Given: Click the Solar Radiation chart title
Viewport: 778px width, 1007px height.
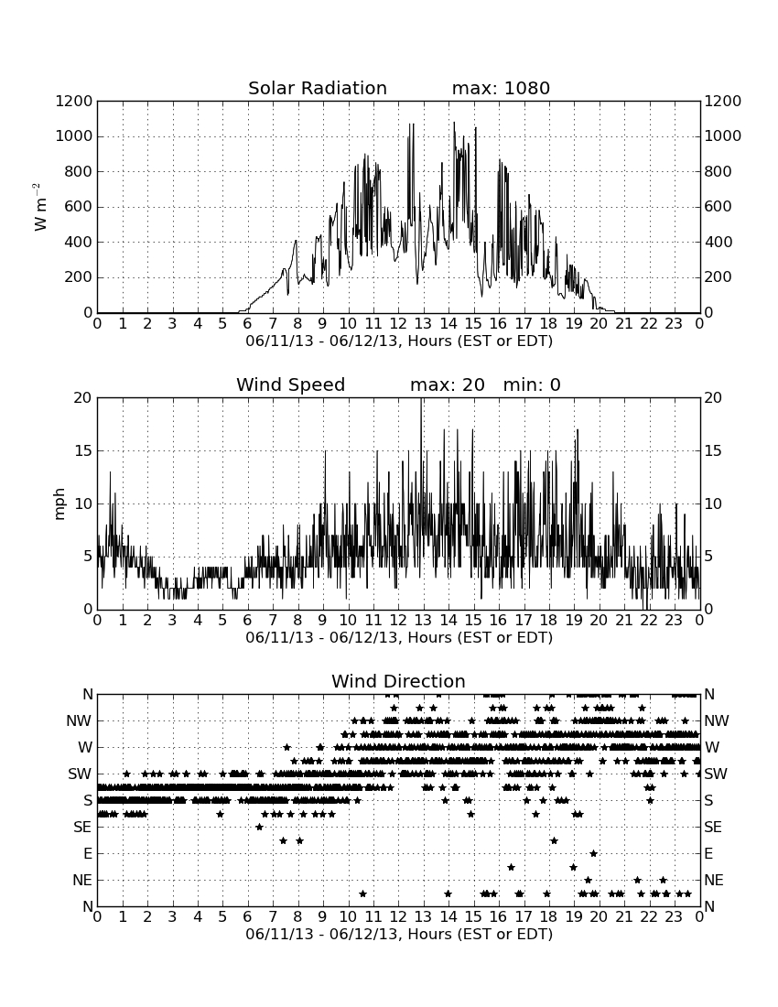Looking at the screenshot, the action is [318, 88].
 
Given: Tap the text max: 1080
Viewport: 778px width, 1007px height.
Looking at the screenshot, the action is [501, 88].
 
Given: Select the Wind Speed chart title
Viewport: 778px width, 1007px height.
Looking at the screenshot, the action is [291, 384].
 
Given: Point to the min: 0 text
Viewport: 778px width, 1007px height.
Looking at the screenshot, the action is [532, 384].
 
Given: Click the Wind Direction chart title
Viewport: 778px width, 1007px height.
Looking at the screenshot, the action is [398, 681].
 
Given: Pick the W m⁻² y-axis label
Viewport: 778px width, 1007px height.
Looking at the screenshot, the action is [39, 207].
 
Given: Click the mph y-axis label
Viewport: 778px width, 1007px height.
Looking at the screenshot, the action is [59, 504].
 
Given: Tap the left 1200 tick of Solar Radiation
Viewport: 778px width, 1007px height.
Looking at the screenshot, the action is [74, 101].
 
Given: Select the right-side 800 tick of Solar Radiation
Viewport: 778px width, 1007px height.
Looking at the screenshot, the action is [718, 171].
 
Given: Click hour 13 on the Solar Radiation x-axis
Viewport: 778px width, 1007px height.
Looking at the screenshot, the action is [422, 324].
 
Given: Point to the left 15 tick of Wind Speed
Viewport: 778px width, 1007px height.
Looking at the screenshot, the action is [83, 450].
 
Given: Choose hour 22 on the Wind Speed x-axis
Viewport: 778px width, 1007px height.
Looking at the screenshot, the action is [648, 621].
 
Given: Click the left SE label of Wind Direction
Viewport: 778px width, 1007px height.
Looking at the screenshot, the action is [82, 828].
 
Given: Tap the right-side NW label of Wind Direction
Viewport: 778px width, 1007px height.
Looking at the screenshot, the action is [717, 721].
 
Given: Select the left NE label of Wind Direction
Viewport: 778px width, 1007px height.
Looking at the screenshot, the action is [82, 881].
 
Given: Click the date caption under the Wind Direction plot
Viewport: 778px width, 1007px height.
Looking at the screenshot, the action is [399, 934].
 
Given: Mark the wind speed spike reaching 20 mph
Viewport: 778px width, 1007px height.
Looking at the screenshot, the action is [421, 399].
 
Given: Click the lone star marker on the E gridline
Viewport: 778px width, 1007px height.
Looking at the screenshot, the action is [594, 853].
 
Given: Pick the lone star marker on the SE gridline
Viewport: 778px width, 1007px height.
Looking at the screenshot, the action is [259, 828].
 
